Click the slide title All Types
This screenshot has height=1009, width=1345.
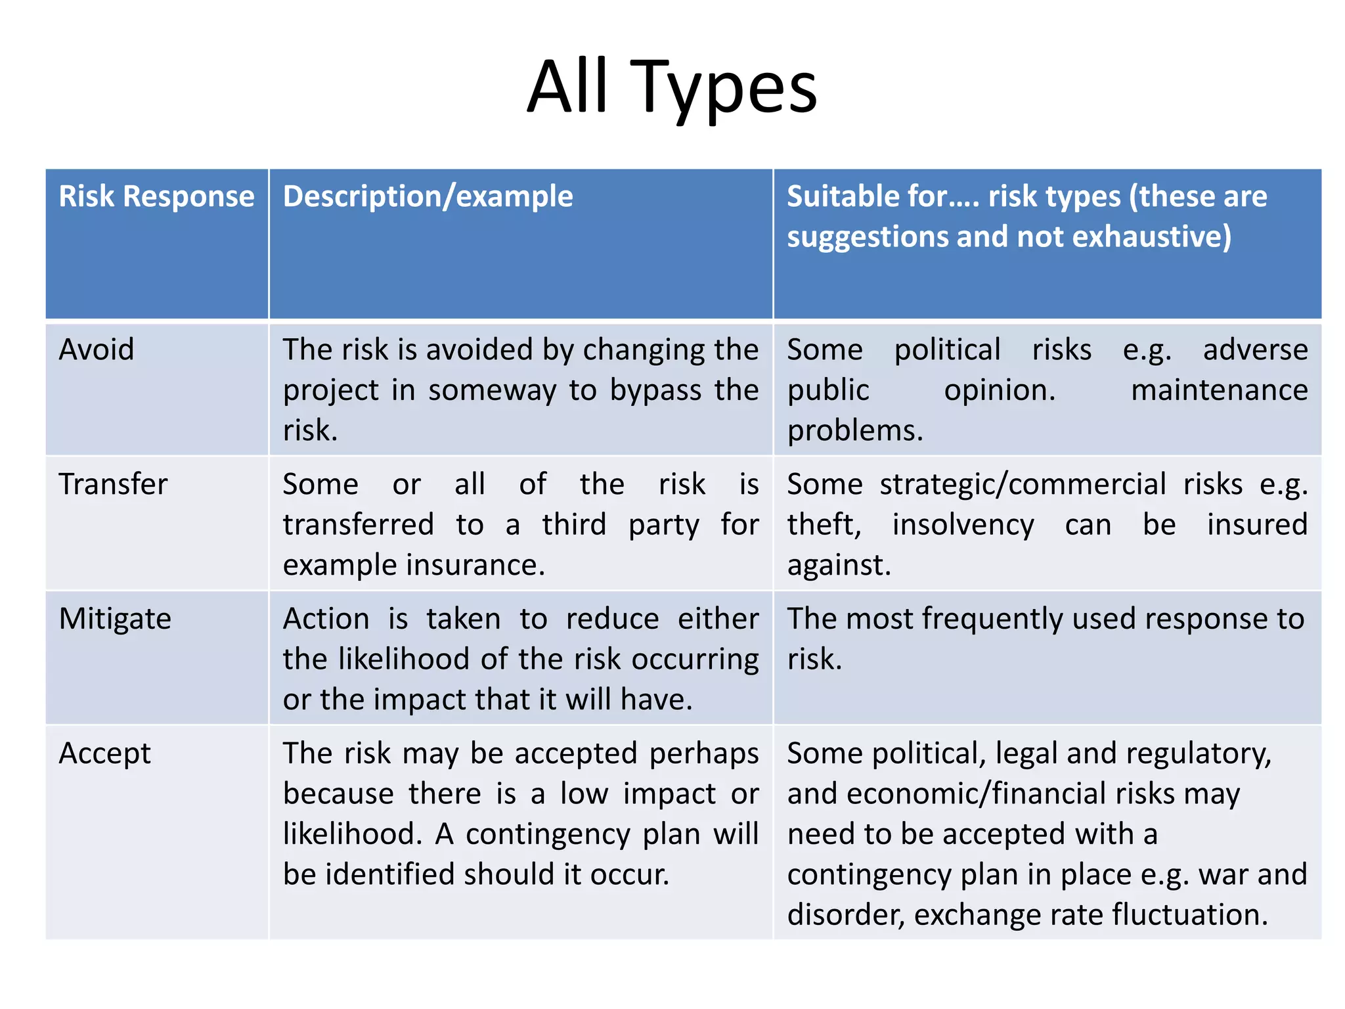coord(672,87)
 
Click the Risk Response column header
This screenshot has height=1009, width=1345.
coord(156,196)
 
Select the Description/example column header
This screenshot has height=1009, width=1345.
coord(428,196)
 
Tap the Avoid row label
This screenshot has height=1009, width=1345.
coord(96,349)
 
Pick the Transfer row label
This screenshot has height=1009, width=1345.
coord(113,484)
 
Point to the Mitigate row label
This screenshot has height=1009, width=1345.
coord(115,619)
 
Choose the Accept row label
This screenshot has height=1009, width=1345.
coord(104,753)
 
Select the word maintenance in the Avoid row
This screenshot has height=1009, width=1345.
coord(1219,391)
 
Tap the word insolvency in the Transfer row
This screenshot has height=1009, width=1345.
coord(963,525)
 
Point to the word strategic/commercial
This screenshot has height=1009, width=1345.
coord(1023,485)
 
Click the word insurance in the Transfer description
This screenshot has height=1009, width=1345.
coord(475,566)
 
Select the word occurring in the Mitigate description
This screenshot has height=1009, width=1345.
coord(695,660)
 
